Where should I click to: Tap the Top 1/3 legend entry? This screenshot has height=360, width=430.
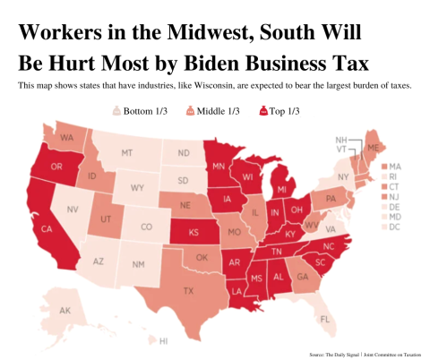280,111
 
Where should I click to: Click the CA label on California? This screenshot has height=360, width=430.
47,229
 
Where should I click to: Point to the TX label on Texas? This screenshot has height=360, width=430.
188,290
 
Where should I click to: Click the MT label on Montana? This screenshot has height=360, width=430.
126,153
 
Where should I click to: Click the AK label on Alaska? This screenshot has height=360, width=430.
64,311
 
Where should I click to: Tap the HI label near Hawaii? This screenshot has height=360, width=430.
163,341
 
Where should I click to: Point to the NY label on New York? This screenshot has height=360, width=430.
343,177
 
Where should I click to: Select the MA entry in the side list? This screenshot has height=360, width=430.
393,167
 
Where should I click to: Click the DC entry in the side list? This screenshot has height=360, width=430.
393,226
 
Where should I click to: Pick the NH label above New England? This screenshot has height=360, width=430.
341,141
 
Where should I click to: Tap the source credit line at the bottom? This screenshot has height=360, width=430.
365,355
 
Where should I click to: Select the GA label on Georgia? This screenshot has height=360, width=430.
300,277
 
